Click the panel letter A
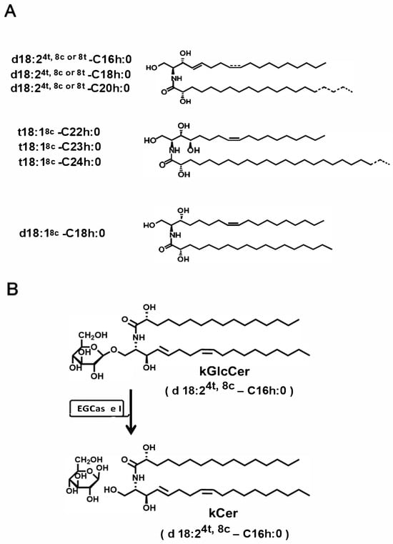coord(11,11)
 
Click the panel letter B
coord(12,289)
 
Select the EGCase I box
coord(99,409)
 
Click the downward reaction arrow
coord(131,412)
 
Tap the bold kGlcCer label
coord(224,372)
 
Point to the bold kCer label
coord(224,513)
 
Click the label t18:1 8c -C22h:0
coord(59,132)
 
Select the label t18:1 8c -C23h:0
coord(59,147)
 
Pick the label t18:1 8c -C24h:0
coord(59,162)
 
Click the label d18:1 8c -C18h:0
coord(62,233)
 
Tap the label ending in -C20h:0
coord(71,88)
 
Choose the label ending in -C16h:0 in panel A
coord(71,59)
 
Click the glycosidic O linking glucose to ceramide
coord(114,350)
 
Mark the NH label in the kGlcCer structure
coord(138,337)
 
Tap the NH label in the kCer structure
coord(138,478)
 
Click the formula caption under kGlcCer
coord(229,390)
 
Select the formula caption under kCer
coord(225,532)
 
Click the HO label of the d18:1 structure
coord(149,225)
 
